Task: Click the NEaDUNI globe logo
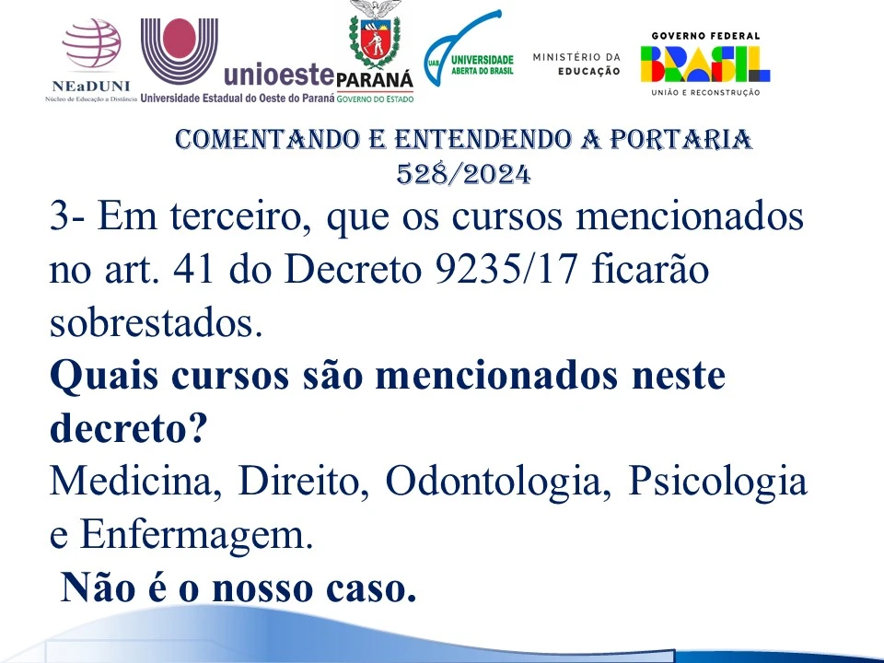pos(92,43)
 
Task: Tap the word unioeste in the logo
pos(280,75)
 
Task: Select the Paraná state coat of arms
pos(375,34)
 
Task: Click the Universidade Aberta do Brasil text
pos(482,64)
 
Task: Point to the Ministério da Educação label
pos(576,64)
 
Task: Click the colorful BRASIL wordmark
pos(705,64)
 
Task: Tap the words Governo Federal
pos(705,36)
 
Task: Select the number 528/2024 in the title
pos(463,174)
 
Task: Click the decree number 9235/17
pos(506,270)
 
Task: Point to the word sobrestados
pos(157,323)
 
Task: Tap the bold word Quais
pos(104,376)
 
